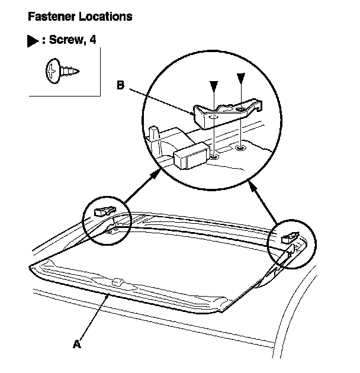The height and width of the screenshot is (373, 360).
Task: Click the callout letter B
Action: coord(120,85)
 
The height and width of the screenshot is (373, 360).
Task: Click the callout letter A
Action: coord(75,343)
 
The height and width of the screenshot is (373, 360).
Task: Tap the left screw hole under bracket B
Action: coord(214,159)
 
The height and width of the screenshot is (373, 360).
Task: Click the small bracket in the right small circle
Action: coord(290,237)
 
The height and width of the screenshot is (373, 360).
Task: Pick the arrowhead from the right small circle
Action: coord(251,185)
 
